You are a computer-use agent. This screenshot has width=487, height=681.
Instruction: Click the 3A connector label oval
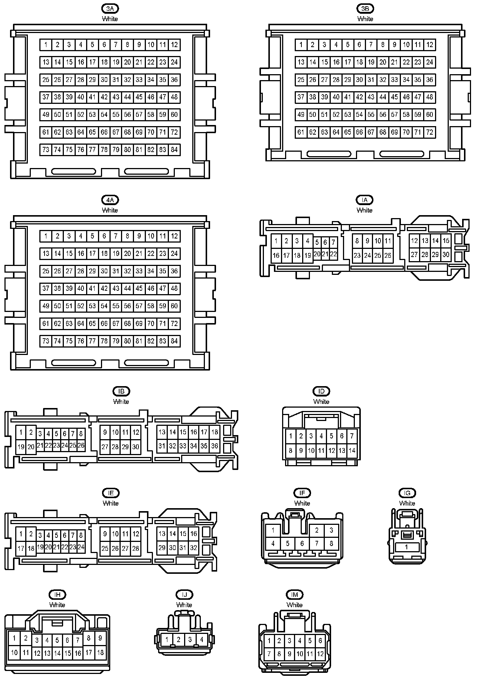pyautogui.click(x=110, y=8)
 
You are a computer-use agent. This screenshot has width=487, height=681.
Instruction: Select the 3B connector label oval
pyautogui.click(x=365, y=8)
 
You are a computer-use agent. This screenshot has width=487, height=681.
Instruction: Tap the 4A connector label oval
pyautogui.click(x=110, y=200)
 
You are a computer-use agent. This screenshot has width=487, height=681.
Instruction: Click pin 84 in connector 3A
pyautogui.click(x=174, y=150)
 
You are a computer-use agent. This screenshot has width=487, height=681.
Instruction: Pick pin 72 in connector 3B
pyautogui.click(x=430, y=132)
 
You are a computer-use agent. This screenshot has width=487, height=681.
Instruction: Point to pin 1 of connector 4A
pyautogui.click(x=46, y=236)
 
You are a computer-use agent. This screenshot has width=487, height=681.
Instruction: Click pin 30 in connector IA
pyautogui.click(x=446, y=255)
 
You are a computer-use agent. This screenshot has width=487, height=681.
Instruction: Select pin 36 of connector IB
pyautogui.click(x=215, y=446)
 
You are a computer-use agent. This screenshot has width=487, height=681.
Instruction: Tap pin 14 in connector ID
pyautogui.click(x=352, y=451)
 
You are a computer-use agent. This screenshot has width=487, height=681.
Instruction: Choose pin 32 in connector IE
pyautogui.click(x=193, y=547)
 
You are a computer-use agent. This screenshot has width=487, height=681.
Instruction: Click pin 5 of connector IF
pyautogui.click(x=288, y=544)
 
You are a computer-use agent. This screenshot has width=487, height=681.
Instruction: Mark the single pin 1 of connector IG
pyautogui.click(x=406, y=547)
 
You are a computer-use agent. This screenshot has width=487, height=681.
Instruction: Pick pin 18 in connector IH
pyautogui.click(x=100, y=652)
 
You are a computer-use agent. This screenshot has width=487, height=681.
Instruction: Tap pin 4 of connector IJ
pyautogui.click(x=202, y=639)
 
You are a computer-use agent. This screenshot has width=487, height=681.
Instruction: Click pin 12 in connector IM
pyautogui.click(x=320, y=654)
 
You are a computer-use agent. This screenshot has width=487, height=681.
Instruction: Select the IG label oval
pyautogui.click(x=407, y=493)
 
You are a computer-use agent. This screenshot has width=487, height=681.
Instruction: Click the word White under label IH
pyautogui.click(x=57, y=605)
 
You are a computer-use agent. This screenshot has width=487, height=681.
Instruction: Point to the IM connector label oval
pyautogui.click(x=295, y=595)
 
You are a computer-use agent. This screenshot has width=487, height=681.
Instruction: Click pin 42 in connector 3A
pyautogui.click(x=104, y=97)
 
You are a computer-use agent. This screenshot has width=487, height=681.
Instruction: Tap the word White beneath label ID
pyautogui.click(x=321, y=402)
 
